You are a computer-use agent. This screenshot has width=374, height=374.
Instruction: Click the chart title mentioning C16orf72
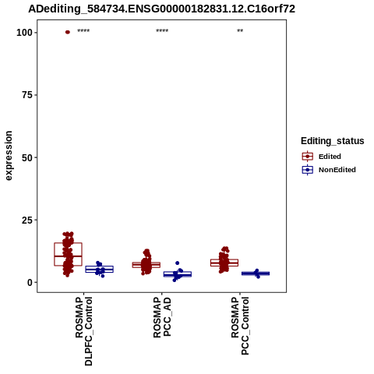[161, 9]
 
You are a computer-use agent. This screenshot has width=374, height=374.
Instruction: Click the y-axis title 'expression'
[9, 156]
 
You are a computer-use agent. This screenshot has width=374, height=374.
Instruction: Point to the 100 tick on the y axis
[24, 33]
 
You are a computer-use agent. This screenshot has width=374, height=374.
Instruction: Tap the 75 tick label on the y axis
[27, 95]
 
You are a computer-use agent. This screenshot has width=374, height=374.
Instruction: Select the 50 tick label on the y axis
[27, 157]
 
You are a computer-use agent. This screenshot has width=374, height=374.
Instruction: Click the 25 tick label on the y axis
[27, 220]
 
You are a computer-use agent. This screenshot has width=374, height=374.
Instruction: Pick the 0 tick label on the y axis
[30, 282]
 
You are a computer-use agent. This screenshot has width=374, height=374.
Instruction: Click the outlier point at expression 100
[68, 32]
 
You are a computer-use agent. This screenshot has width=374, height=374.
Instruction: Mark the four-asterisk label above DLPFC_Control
[83, 31]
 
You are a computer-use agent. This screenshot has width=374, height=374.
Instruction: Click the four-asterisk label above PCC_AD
[162, 31]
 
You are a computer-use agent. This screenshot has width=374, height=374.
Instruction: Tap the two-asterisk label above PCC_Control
[240, 31]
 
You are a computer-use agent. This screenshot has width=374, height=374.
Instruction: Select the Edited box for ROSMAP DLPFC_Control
[68, 243]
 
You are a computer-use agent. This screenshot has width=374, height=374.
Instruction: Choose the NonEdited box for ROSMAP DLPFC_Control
[100, 266]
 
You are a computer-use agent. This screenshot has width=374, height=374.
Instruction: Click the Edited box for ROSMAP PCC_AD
[146, 263]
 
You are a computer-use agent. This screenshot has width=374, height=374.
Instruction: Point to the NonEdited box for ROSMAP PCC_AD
[178, 272]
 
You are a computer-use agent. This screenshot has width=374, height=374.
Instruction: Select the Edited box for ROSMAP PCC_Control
[224, 259]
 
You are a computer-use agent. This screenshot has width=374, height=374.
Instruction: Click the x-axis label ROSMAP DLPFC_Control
[83, 331]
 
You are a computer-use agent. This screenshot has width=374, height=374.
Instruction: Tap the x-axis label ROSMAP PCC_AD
[162, 317]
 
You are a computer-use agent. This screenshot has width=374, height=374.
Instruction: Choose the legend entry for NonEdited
[329, 170]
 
